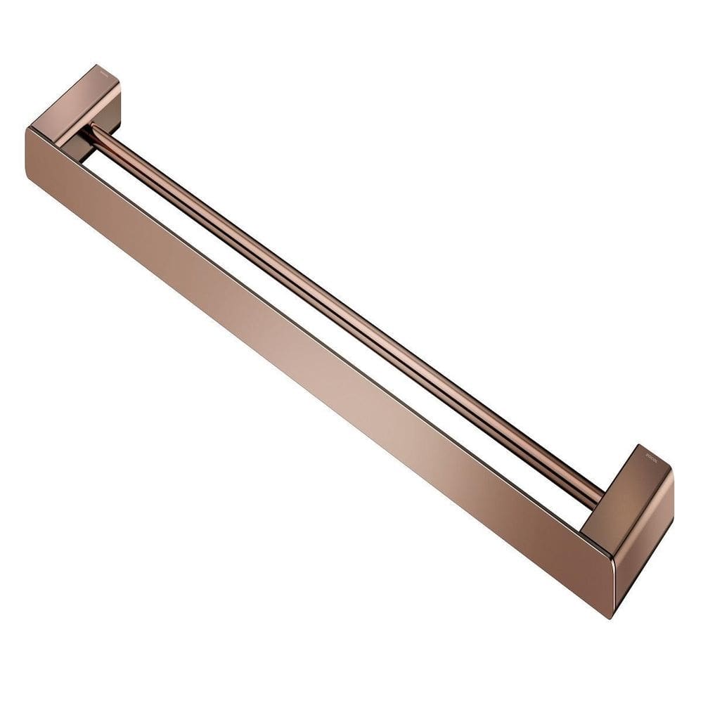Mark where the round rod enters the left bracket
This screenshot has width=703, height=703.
88,130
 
